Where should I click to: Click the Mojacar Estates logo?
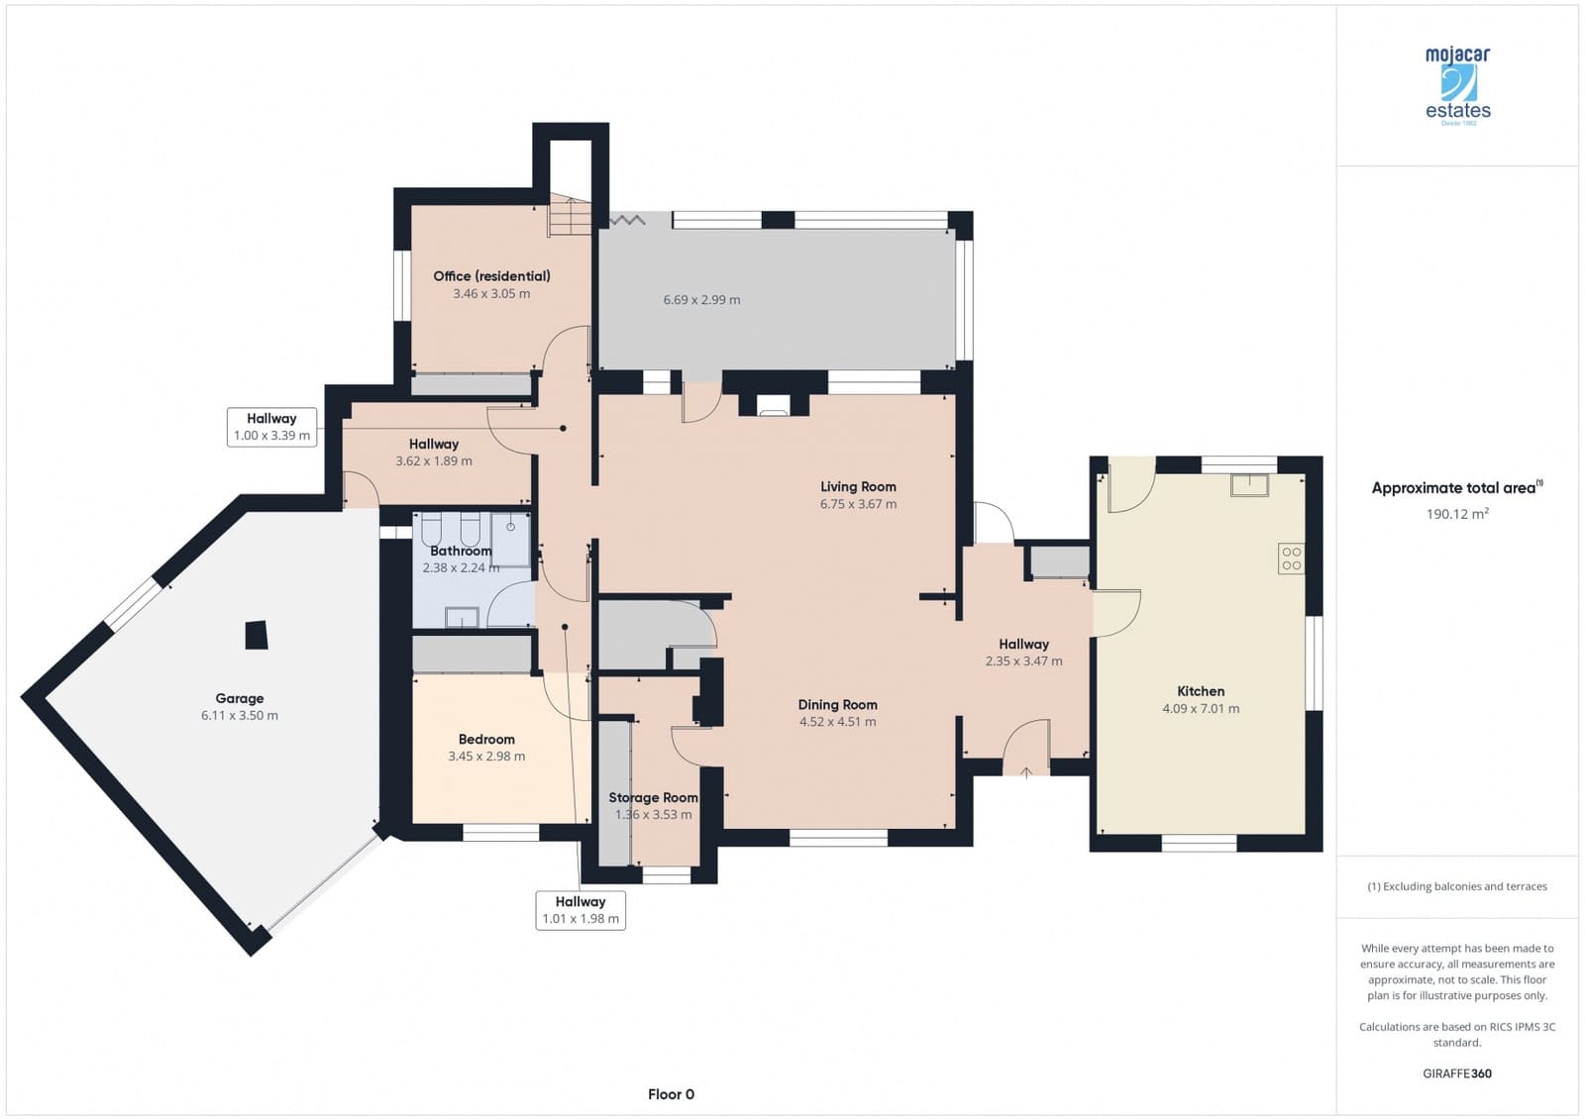click(1457, 85)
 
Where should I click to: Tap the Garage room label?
click(240, 698)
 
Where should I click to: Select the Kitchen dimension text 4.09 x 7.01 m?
click(1201, 709)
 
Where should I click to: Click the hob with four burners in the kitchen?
click(1291, 559)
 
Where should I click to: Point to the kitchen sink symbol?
click(1250, 484)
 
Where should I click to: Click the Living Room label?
click(858, 486)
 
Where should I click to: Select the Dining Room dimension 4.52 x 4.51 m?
click(837, 722)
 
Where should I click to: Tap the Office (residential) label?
click(491, 276)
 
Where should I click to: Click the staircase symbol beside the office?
click(570, 216)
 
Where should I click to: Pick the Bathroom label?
click(461, 551)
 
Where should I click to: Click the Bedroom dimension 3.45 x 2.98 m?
click(486, 757)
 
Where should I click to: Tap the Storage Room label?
click(653, 797)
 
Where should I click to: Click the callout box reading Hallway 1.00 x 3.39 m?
click(271, 427)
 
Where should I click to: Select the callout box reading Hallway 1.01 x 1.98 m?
click(581, 910)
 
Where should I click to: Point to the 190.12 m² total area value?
click(1457, 514)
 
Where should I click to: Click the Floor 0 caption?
click(671, 1094)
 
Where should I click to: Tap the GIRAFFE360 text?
click(1457, 1073)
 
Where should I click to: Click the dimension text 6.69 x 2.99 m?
click(701, 300)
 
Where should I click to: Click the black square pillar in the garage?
click(257, 635)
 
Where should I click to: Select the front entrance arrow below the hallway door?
click(1026, 772)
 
